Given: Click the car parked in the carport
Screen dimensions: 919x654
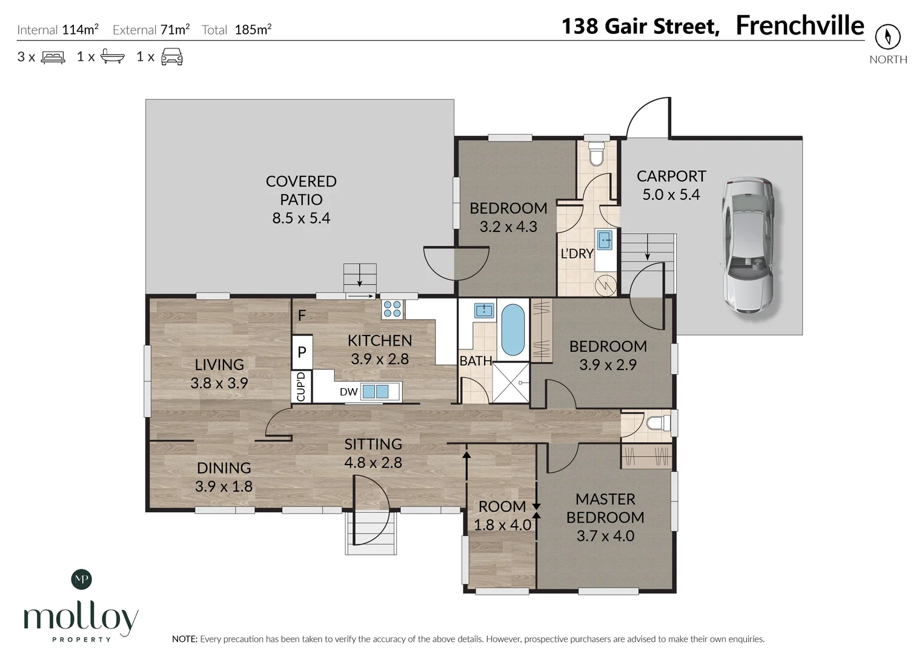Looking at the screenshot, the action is pos(748,245).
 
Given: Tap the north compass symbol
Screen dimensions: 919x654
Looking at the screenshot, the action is pos(888,37).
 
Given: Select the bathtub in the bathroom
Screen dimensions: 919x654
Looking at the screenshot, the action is pos(513,329).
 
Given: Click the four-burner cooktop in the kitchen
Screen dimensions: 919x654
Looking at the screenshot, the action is pos(392,309).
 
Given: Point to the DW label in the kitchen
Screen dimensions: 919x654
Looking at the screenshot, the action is pos(349,392).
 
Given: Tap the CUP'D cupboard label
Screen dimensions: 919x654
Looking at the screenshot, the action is pos(301,386).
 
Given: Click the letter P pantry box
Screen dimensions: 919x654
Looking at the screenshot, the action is pos(302,352).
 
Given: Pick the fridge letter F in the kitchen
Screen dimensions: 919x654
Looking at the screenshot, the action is pos(302,315).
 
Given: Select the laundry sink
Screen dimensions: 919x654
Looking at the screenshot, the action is pos(605,239).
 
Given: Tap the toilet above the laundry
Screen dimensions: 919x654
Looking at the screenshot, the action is pos(596,153).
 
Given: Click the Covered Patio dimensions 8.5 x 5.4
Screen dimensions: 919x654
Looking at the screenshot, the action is pos(301,218).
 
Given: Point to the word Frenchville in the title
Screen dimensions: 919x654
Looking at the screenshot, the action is pos(800,25).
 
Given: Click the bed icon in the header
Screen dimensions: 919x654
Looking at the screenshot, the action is pos(53,57).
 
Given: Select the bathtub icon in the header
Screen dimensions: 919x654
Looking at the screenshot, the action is pos(113,56).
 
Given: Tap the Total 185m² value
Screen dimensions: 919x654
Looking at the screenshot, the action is pos(253,30).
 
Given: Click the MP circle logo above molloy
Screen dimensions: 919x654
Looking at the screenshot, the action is pos(82,580).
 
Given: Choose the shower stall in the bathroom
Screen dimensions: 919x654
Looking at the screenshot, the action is pos(511,383).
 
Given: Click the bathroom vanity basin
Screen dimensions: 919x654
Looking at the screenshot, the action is pos(484,311).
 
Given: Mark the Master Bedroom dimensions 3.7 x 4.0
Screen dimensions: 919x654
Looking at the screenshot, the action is pos(606,536).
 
